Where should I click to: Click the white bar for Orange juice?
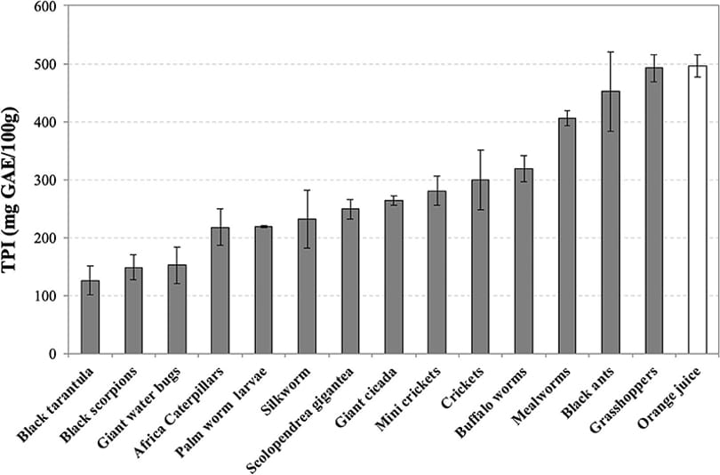[697, 209]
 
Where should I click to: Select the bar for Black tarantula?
[90, 317]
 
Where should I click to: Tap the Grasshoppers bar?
[654, 211]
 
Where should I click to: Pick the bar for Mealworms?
[567, 236]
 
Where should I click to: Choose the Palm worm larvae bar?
[264, 290]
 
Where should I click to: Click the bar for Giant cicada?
[394, 277]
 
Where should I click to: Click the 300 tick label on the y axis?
[47, 180]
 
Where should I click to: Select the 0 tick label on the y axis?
[54, 354]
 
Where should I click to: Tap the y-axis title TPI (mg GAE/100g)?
[10, 189]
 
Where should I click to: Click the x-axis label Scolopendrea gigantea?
[300, 420]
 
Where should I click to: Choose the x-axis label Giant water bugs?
[139, 408]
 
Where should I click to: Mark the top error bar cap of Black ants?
[611, 52]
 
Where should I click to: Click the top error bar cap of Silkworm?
[307, 190]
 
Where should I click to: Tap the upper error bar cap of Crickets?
[480, 150]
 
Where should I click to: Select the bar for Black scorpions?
[133, 310]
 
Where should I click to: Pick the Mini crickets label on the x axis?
[408, 399]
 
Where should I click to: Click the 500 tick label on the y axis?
[47, 64]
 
